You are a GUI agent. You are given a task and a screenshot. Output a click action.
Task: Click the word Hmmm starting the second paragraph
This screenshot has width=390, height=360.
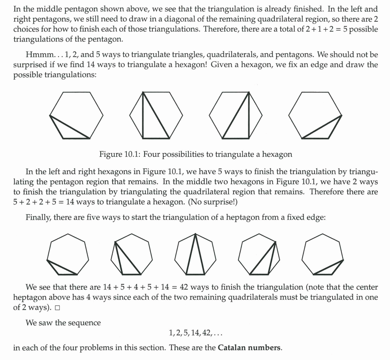[x=36, y=54]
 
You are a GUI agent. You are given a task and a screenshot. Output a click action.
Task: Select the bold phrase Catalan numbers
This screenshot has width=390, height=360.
[x=249, y=348]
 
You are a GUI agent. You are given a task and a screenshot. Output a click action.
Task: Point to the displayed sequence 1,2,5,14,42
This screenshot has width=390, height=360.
[x=195, y=333]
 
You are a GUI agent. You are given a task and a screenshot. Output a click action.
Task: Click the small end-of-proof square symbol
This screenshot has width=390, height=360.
[x=57, y=308]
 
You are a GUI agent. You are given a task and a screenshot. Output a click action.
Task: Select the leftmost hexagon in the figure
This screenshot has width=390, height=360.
[x=76, y=115]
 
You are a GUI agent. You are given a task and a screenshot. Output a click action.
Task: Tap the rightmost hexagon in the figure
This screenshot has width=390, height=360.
[x=315, y=115]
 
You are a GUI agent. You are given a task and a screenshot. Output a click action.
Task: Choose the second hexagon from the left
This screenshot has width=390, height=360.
[x=156, y=115]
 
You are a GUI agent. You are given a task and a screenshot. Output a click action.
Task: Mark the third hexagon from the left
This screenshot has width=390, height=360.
[x=236, y=115]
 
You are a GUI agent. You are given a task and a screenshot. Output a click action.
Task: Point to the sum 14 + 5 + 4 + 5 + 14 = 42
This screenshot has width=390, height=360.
[x=143, y=287]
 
